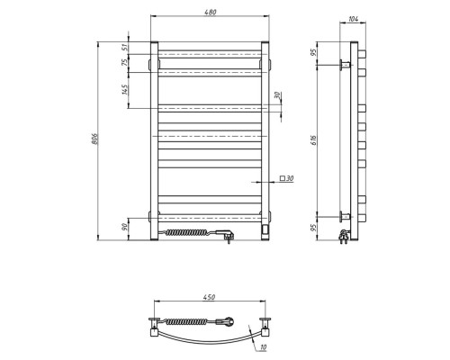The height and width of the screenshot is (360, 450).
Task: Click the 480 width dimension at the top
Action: [x=211, y=13]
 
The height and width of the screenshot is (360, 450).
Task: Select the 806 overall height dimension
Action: [x=94, y=139]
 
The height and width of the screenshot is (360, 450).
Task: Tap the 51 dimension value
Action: [x=125, y=47]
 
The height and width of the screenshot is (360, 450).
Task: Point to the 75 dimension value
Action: [x=125, y=63]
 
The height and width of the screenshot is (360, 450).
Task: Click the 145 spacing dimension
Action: [x=125, y=89]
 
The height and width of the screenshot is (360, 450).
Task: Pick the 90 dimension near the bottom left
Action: [x=125, y=227]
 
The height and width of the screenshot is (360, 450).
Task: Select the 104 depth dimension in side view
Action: [x=354, y=19]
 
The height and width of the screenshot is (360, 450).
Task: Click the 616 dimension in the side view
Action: [x=313, y=140]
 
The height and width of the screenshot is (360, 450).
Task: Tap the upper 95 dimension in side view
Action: [x=313, y=52]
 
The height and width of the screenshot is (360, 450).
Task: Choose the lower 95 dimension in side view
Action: [x=313, y=228]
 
